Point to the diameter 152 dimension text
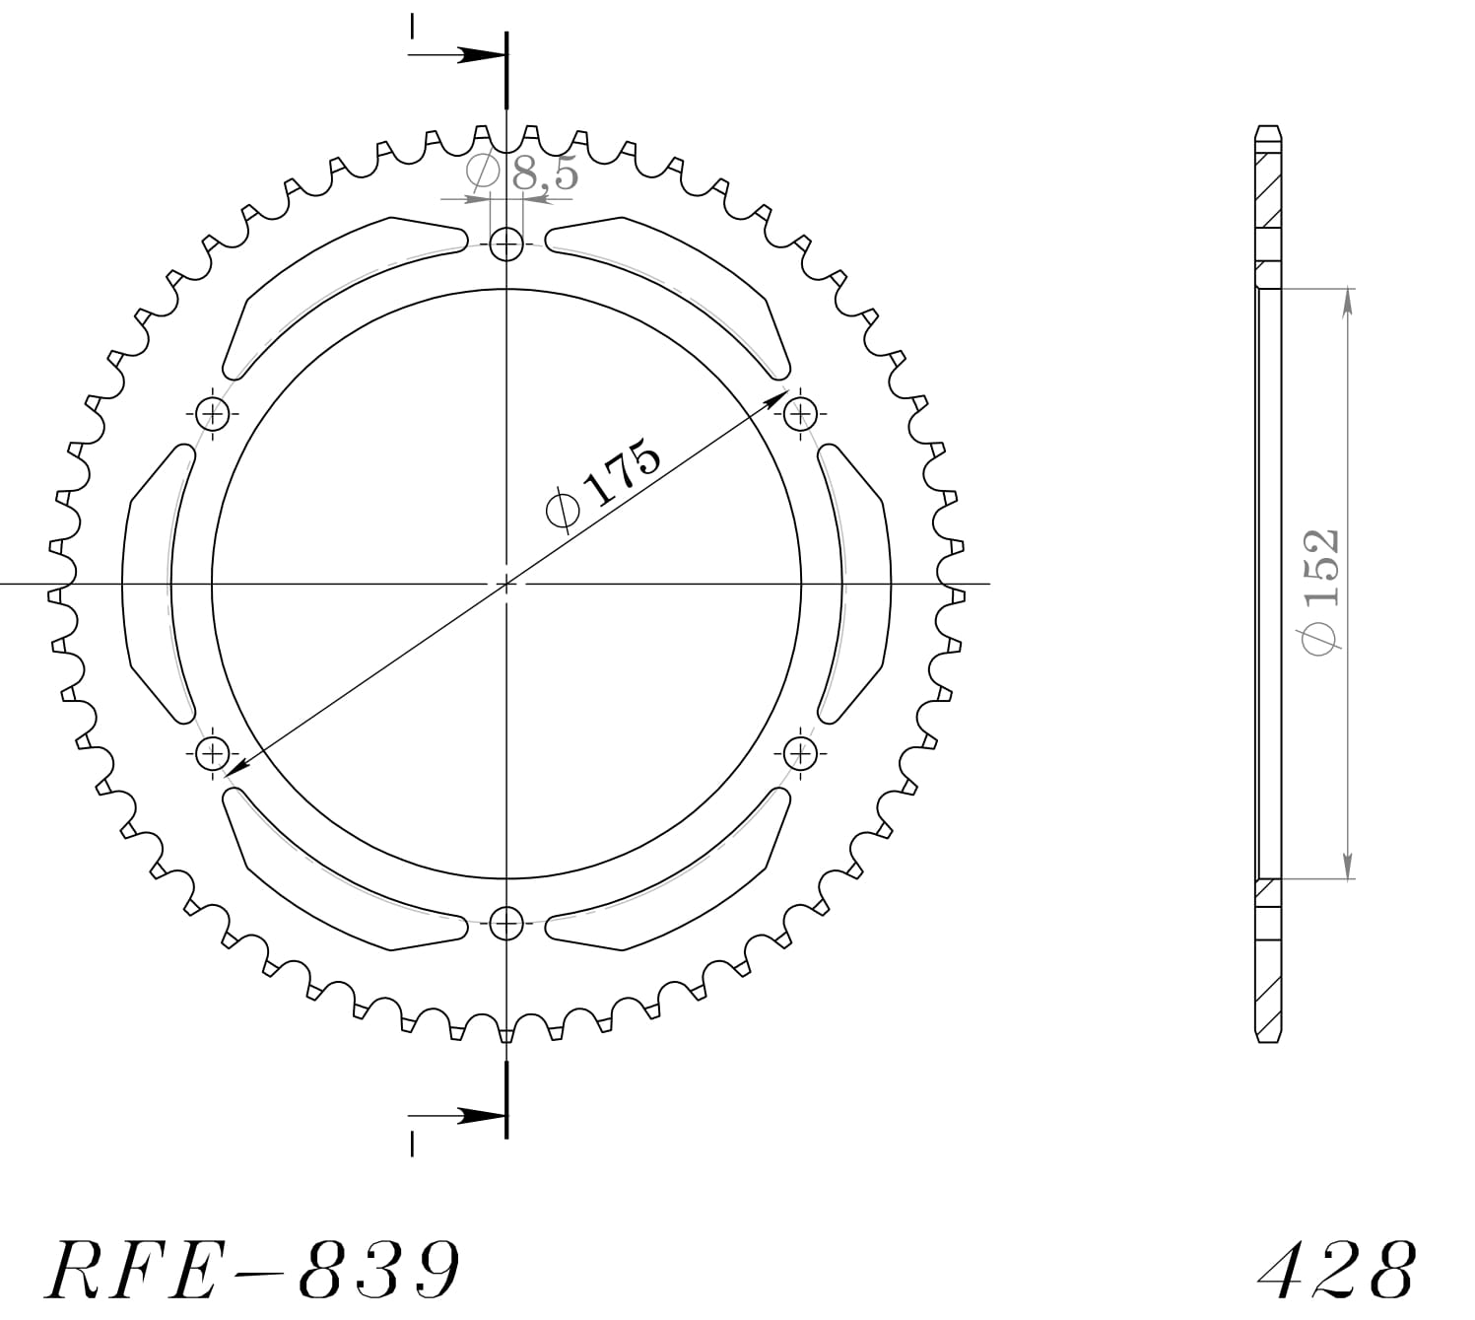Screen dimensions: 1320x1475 point(1320,590)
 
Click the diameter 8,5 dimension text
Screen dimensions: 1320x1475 point(523,174)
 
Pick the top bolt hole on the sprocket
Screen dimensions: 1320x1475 point(506,243)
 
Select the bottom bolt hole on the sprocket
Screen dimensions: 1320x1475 point(506,924)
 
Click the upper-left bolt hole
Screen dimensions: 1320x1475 point(212,413)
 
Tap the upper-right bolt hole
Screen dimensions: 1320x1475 point(801,413)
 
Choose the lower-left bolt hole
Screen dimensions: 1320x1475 point(212,754)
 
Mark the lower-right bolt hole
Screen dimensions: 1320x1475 point(801,754)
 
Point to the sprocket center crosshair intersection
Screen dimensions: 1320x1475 point(506,585)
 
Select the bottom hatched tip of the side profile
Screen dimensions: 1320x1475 point(1268,986)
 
